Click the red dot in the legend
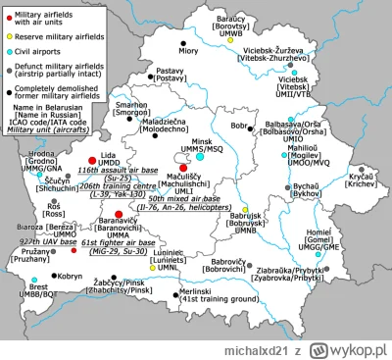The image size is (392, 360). tap(9, 8)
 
